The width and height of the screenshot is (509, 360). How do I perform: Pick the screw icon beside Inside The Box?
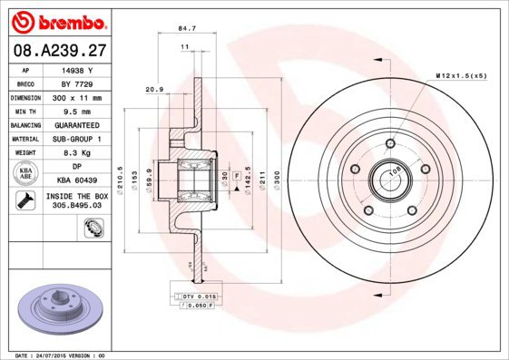pyautogui.click(x=26, y=199)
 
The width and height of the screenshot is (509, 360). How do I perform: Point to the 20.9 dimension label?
pyautogui.click(x=154, y=89)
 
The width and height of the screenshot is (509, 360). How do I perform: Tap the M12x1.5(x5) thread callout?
pyautogui.click(x=461, y=77)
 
